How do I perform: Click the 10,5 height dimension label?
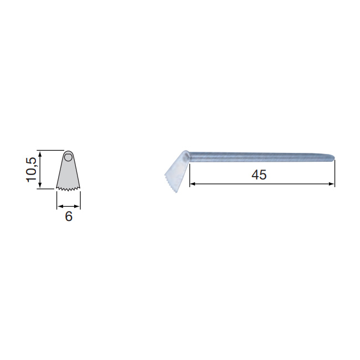pyautogui.click(x=31, y=169)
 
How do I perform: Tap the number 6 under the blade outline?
pyautogui.click(x=69, y=216)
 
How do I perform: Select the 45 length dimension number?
pyautogui.click(x=259, y=174)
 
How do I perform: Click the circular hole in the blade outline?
pyautogui.click(x=68, y=157)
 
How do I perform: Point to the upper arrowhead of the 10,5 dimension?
pyautogui.click(x=40, y=153)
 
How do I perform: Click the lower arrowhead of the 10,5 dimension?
pyautogui.click(x=40, y=186)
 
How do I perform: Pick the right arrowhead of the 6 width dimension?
pyautogui.click(x=78, y=207)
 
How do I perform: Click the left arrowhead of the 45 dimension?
pyautogui.click(x=192, y=184)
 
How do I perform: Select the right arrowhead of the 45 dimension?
pyautogui.click(x=332, y=184)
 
